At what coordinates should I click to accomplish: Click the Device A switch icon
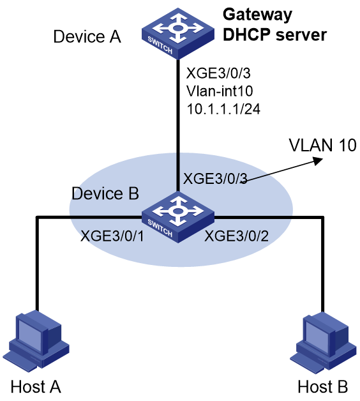(x=178, y=34)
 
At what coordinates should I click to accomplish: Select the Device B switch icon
(x=178, y=217)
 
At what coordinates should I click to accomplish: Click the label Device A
(x=87, y=36)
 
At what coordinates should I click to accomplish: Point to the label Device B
(x=105, y=193)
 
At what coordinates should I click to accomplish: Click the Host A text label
(x=36, y=386)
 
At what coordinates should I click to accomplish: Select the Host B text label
(x=323, y=386)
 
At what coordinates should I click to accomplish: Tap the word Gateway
(x=257, y=15)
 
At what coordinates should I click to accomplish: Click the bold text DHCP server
(x=275, y=34)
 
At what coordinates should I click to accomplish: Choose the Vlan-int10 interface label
(x=220, y=91)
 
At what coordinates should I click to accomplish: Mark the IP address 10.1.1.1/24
(x=223, y=109)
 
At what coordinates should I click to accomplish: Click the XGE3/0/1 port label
(x=112, y=236)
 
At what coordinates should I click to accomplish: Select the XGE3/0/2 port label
(x=237, y=236)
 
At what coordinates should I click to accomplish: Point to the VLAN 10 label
(x=323, y=145)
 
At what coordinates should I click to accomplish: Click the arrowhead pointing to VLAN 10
(x=318, y=161)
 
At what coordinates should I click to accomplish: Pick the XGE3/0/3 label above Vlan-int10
(x=218, y=73)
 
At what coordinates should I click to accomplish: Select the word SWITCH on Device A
(x=160, y=45)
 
